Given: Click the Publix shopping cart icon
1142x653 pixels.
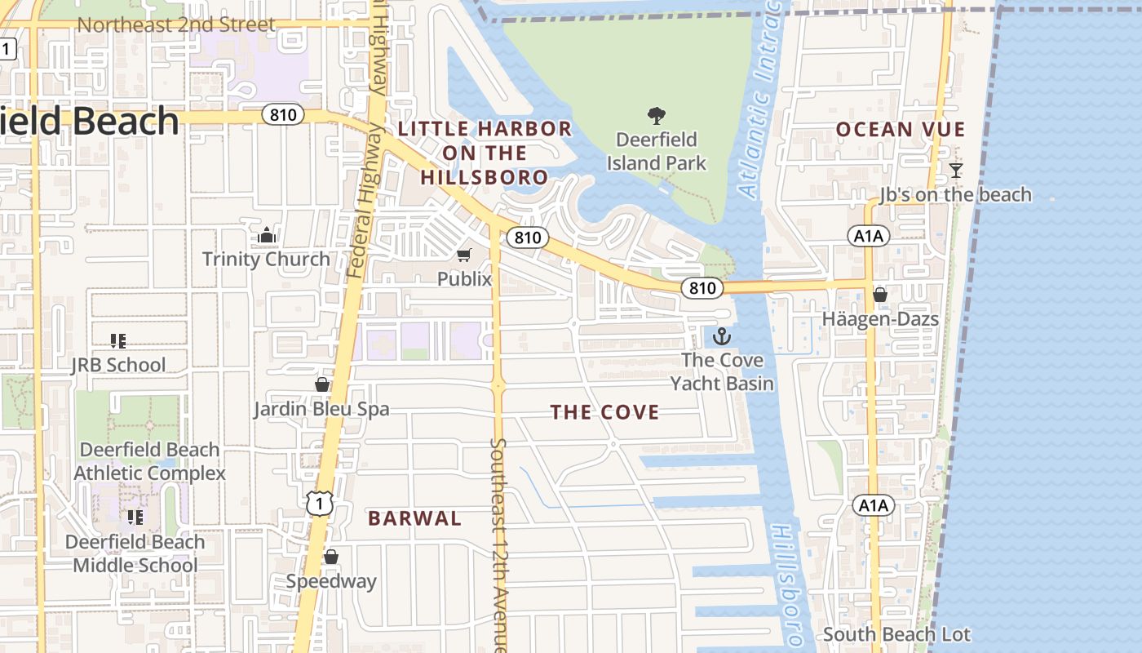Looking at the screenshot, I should point(464,255).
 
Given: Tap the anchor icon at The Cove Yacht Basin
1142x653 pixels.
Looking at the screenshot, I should point(722,336).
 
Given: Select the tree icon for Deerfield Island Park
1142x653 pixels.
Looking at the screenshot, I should point(656,116).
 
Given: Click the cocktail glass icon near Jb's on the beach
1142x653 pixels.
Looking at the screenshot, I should point(955,171).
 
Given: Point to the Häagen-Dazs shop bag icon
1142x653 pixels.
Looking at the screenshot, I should point(880,295).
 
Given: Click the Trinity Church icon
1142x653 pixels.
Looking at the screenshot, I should point(267,236).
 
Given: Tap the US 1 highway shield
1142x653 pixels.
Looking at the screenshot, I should point(320,504).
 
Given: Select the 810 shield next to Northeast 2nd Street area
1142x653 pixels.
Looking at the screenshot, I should point(283,115).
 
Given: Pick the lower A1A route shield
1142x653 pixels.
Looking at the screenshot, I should point(873,505).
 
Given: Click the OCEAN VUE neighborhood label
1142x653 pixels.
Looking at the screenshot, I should point(901,130).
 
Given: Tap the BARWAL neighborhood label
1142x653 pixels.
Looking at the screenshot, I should point(414,518).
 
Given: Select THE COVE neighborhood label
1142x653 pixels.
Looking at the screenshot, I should point(604,413).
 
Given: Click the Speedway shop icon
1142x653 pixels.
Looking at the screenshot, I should point(331,557).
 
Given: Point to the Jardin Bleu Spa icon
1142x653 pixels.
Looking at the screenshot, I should point(322,384).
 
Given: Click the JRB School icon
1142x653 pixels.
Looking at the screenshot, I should point(118,341).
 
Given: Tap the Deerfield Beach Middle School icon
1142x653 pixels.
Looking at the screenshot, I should point(135,518).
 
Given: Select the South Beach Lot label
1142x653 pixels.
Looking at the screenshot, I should point(896,634).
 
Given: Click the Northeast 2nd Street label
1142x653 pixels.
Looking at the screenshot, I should point(175,25).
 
